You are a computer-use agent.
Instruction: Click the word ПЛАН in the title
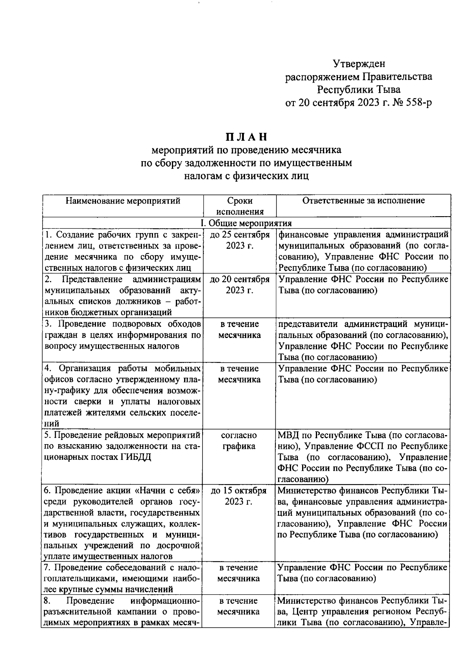[247, 137]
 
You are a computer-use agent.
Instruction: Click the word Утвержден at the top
[359, 64]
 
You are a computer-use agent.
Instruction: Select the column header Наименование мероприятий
[123, 201]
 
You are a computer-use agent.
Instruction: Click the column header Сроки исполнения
[240, 206]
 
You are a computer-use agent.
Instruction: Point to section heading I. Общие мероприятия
[246, 223]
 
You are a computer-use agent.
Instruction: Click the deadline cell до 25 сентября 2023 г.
[240, 240]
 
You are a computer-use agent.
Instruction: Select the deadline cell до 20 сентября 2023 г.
[240, 285]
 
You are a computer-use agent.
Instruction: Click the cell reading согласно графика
[239, 441]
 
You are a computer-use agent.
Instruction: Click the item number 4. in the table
[48, 369]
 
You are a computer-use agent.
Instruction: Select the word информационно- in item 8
[166, 601]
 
